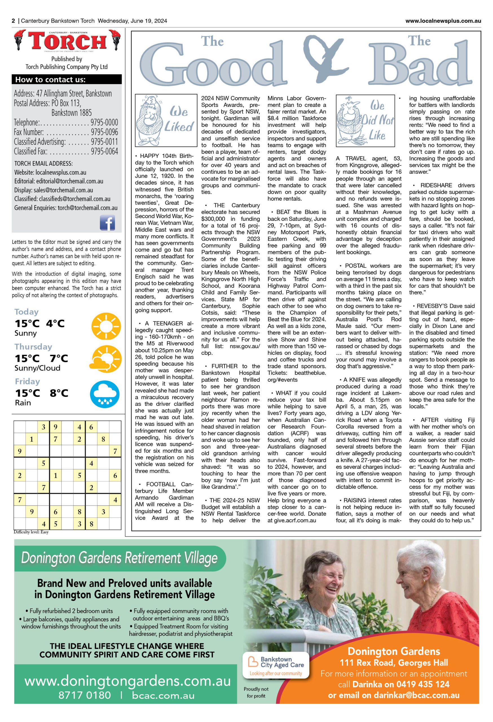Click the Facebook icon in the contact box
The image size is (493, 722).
pyautogui.click(x=107, y=223)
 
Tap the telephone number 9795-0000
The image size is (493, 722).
pyautogui.click(x=104, y=122)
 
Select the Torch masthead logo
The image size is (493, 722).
pyautogui.click(x=67, y=41)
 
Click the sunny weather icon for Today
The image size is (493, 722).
pyautogui.click(x=106, y=326)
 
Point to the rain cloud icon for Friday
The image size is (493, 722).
pyautogui.click(x=105, y=394)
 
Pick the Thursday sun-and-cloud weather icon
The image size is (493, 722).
pyautogui.click(x=105, y=359)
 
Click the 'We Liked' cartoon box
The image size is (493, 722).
pyautogui.click(x=166, y=120)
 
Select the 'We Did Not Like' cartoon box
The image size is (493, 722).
pyautogui.click(x=365, y=120)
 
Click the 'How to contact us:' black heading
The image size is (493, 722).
pyautogui.click(x=67, y=80)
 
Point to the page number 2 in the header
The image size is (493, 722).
pyautogui.click(x=13, y=21)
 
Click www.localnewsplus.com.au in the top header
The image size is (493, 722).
pyautogui.click(x=443, y=21)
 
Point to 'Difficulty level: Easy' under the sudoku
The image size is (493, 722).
pyautogui.click(x=31, y=532)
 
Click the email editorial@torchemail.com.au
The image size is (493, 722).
pyautogui.click(x=70, y=181)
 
